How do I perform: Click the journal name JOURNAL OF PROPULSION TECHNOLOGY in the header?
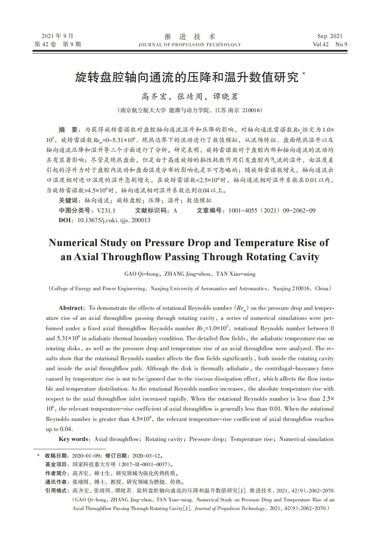tap(190, 45)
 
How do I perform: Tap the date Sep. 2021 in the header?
tap(330, 36)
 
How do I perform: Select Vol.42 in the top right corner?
tap(320, 44)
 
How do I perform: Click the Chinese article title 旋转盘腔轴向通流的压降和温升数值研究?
tap(187, 77)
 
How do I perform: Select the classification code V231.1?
tap(106, 210)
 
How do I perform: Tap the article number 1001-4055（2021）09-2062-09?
tap(272, 210)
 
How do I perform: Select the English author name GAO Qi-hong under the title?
tap(142, 274)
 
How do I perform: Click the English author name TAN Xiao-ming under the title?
tap(236, 274)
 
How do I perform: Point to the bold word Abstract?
tap(71, 308)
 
